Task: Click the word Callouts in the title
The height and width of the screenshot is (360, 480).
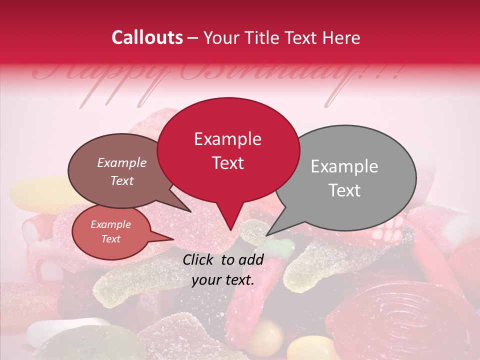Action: click(147, 37)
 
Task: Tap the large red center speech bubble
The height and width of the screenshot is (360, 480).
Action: click(228, 150)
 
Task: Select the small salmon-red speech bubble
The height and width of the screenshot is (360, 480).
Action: click(111, 232)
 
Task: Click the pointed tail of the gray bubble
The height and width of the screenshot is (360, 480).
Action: click(272, 230)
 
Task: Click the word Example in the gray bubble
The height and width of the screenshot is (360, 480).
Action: click(344, 166)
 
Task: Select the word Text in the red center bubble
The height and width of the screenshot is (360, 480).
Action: click(228, 163)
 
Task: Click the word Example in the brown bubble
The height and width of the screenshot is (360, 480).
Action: click(122, 163)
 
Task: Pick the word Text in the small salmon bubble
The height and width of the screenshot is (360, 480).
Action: click(111, 239)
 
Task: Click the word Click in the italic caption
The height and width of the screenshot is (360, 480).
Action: click(199, 259)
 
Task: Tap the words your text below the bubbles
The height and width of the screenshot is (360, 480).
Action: click(223, 280)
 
